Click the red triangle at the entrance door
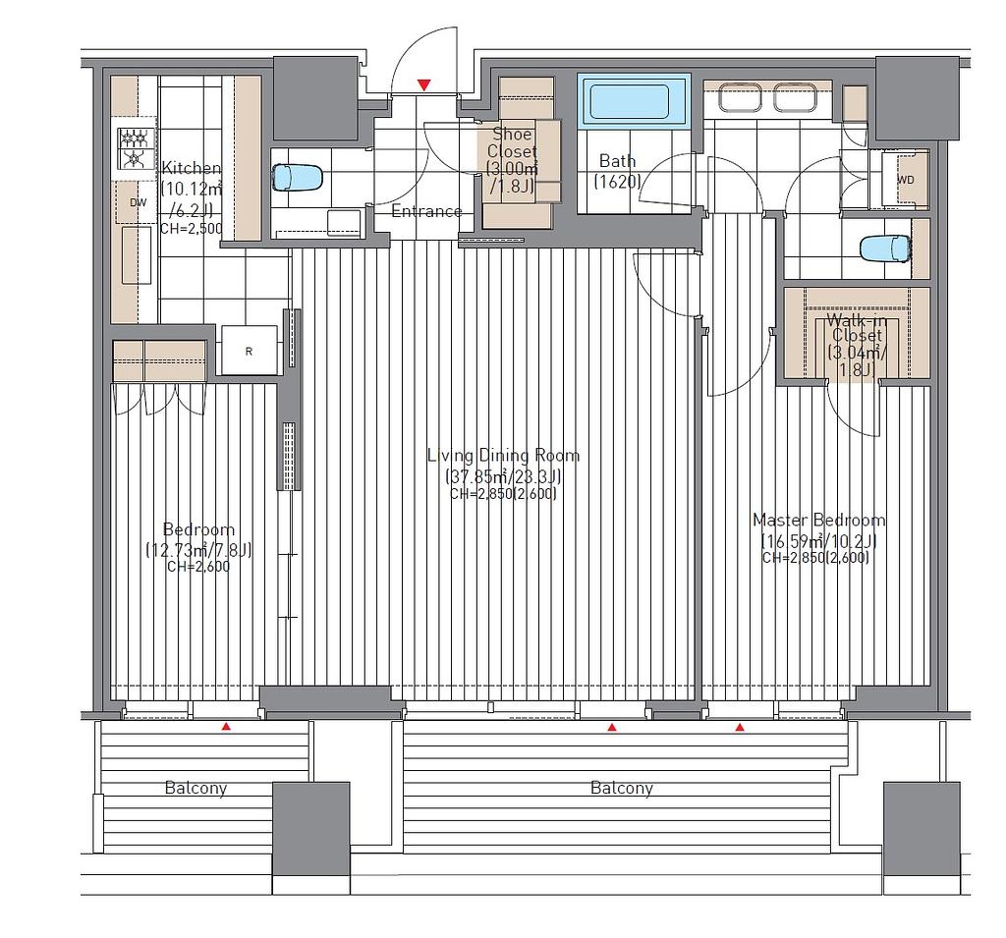pos(423,84)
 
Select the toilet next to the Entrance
pos(297,178)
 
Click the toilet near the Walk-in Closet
pos(885,248)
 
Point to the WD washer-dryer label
pos(905,181)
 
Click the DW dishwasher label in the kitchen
pos(138,202)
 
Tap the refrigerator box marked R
pos(249,351)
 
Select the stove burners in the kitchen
pos(135,148)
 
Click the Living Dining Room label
pos(504,456)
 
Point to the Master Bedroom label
pos(818,520)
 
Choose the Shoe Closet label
pos(512,142)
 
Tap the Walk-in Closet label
pos(857,327)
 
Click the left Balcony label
pos(196,788)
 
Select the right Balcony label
pos(622,788)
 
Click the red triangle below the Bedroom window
pos(226,727)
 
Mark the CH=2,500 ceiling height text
pos(192,229)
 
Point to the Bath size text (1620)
pos(617,182)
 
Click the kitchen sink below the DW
pos(137,254)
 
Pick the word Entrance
pos(426,211)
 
